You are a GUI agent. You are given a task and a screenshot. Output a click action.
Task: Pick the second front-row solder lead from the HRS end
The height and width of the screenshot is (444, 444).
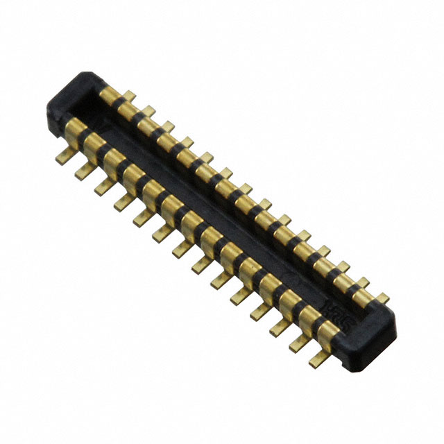pos(299,343)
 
